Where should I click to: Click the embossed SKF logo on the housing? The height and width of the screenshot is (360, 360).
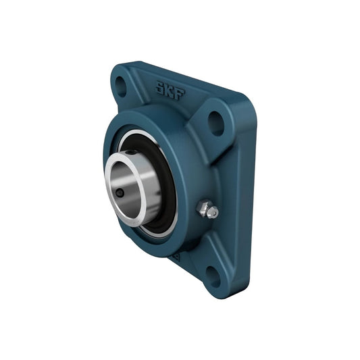click(170, 91)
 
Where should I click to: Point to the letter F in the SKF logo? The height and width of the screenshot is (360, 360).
click(180, 94)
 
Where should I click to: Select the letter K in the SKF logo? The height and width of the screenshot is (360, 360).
click(170, 91)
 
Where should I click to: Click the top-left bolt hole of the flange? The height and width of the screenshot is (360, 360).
click(120, 86)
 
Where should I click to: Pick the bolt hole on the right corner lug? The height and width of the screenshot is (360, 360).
click(216, 124)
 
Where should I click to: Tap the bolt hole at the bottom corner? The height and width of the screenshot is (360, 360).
click(213, 277)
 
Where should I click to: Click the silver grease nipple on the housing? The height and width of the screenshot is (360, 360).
click(207, 209)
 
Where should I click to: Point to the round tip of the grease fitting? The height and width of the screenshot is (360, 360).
click(213, 213)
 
